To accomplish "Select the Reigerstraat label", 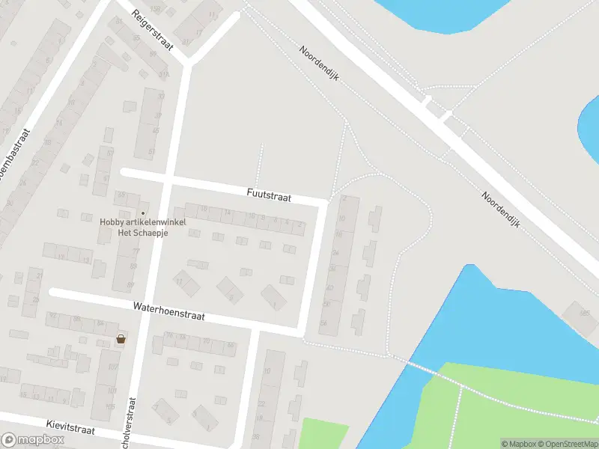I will click(152, 30).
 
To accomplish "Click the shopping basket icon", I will click(121, 340).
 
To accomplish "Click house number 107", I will click(113, 367).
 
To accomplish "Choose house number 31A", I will click(164, 75).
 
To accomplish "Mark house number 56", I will click(325, 305).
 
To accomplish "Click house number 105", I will click(110, 407).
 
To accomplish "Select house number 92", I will click(53, 317).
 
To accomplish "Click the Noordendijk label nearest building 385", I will click(500, 210).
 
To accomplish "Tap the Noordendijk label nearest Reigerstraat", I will click(320, 64).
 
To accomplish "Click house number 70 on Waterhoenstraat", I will click(207, 340).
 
